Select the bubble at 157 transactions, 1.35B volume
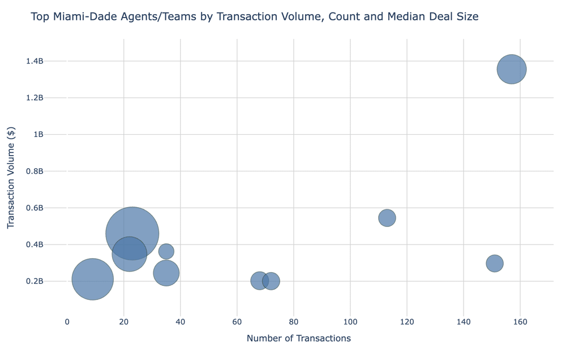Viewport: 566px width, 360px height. [x=512, y=69]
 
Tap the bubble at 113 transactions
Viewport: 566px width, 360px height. [x=387, y=218]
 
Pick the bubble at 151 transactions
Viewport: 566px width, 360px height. [x=495, y=263]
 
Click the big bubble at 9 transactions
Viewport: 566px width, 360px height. [x=93, y=279]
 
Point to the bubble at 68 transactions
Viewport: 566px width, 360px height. [x=259, y=280]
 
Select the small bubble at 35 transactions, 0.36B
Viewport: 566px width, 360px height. [x=166, y=251]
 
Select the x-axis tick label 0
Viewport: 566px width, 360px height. [x=67, y=322]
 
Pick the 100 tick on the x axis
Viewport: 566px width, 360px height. [x=350, y=322]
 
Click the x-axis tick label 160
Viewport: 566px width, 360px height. [x=520, y=322]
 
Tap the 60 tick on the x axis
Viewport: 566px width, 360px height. [x=237, y=322]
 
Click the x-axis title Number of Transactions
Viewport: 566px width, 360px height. [x=298, y=338]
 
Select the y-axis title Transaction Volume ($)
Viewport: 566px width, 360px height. [x=11, y=177]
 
